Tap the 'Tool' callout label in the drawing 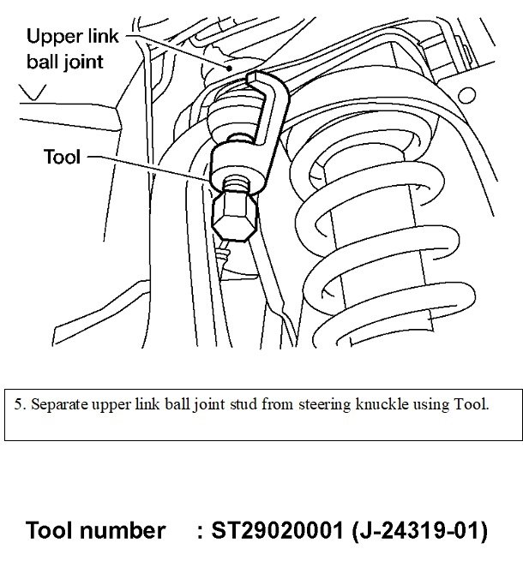pyautogui.click(x=61, y=156)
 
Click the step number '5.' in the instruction pyautogui.click(x=20, y=403)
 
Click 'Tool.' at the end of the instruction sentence pyautogui.click(x=470, y=403)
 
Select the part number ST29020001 pyautogui.click(x=282, y=531)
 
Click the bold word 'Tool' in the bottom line pyautogui.click(x=53, y=531)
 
